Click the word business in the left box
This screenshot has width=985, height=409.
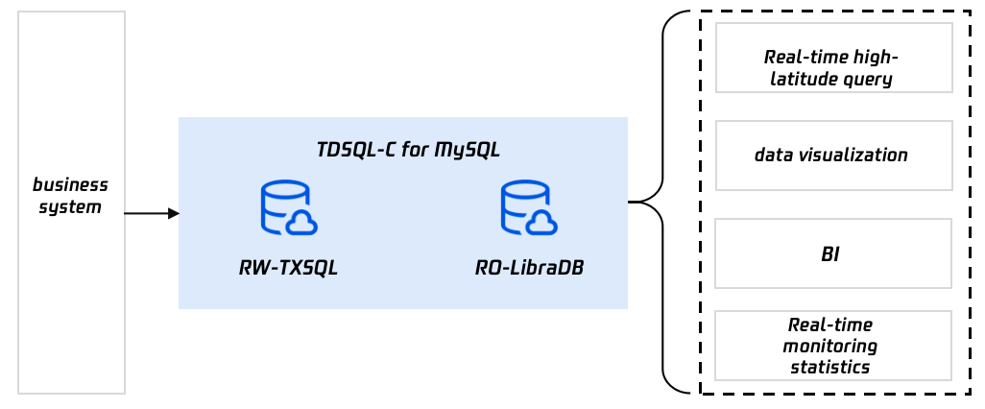[x=71, y=184]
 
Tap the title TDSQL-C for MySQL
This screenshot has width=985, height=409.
[x=408, y=150]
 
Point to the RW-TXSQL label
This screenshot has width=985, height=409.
[x=288, y=268]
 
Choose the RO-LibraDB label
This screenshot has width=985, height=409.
[x=529, y=268]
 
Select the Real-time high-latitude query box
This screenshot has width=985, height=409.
[x=832, y=59]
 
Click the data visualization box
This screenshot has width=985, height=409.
[x=832, y=155]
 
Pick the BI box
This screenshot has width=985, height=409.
[x=832, y=253]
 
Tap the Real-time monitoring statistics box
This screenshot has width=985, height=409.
[x=832, y=346]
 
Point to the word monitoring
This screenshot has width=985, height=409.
[x=831, y=346]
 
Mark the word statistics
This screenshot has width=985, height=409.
[x=831, y=367]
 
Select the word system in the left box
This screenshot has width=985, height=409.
[x=70, y=205]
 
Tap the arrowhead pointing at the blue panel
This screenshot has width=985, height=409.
[x=173, y=213]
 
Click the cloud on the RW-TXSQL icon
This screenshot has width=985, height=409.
[x=301, y=223]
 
